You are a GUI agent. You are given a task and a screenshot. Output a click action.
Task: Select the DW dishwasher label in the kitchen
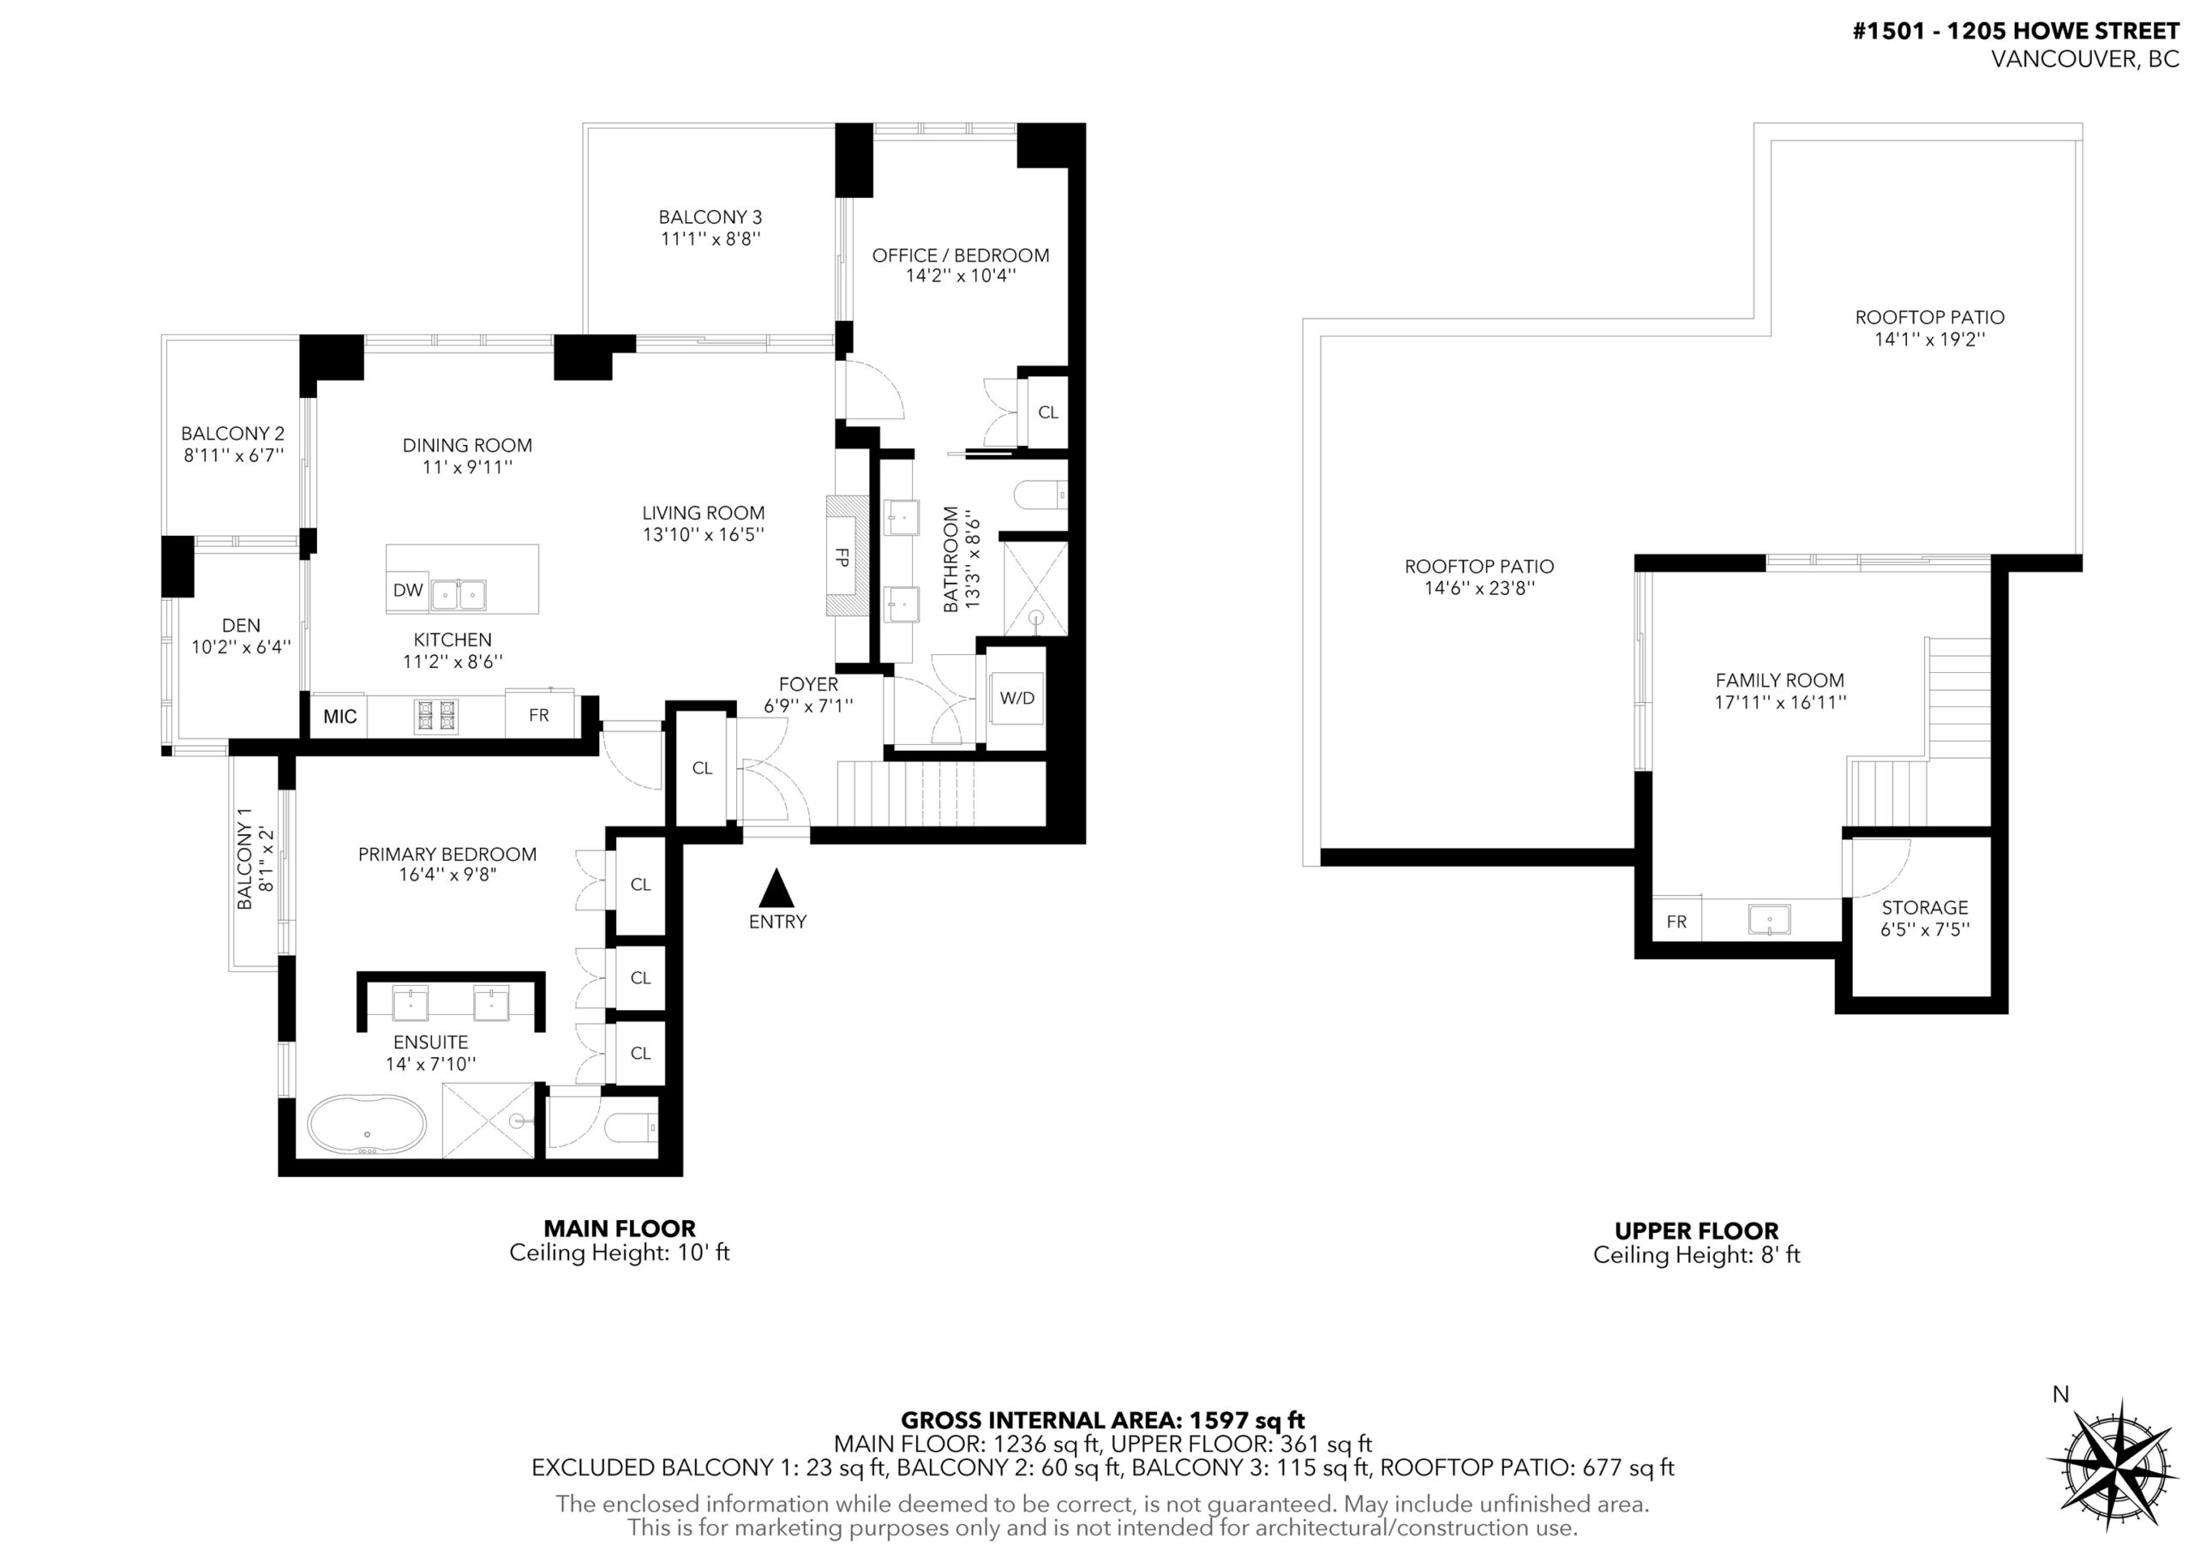(408, 590)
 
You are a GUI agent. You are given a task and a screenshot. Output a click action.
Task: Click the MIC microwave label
(340, 717)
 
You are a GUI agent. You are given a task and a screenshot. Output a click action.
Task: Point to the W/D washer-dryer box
(1016, 698)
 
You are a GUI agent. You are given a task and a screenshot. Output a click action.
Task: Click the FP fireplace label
(842, 556)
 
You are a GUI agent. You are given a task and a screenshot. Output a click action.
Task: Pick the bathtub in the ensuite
(367, 1126)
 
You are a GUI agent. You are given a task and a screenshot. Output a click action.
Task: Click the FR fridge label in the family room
(1676, 922)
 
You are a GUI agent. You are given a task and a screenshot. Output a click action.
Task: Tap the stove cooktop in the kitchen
(435, 716)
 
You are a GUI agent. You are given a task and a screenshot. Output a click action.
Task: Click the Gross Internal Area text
(1103, 1420)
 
